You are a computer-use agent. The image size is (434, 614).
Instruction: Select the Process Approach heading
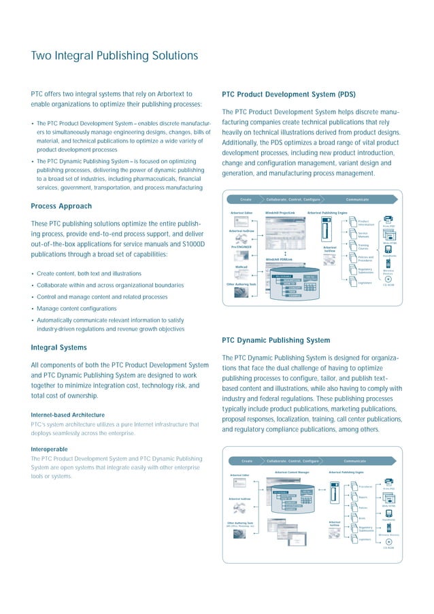pos(61,206)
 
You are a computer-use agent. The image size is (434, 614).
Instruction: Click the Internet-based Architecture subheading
pos(67,414)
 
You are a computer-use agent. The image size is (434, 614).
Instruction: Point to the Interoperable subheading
pos(50,449)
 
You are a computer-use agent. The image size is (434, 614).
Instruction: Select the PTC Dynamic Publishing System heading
pos(276,340)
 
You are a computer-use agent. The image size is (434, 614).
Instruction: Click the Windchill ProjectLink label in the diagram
pos(280,213)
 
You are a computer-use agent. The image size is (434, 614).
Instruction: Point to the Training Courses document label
pos(363,247)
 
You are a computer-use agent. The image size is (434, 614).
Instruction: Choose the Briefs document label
pos(363,517)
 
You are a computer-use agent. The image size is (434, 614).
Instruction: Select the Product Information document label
pos(367,222)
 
